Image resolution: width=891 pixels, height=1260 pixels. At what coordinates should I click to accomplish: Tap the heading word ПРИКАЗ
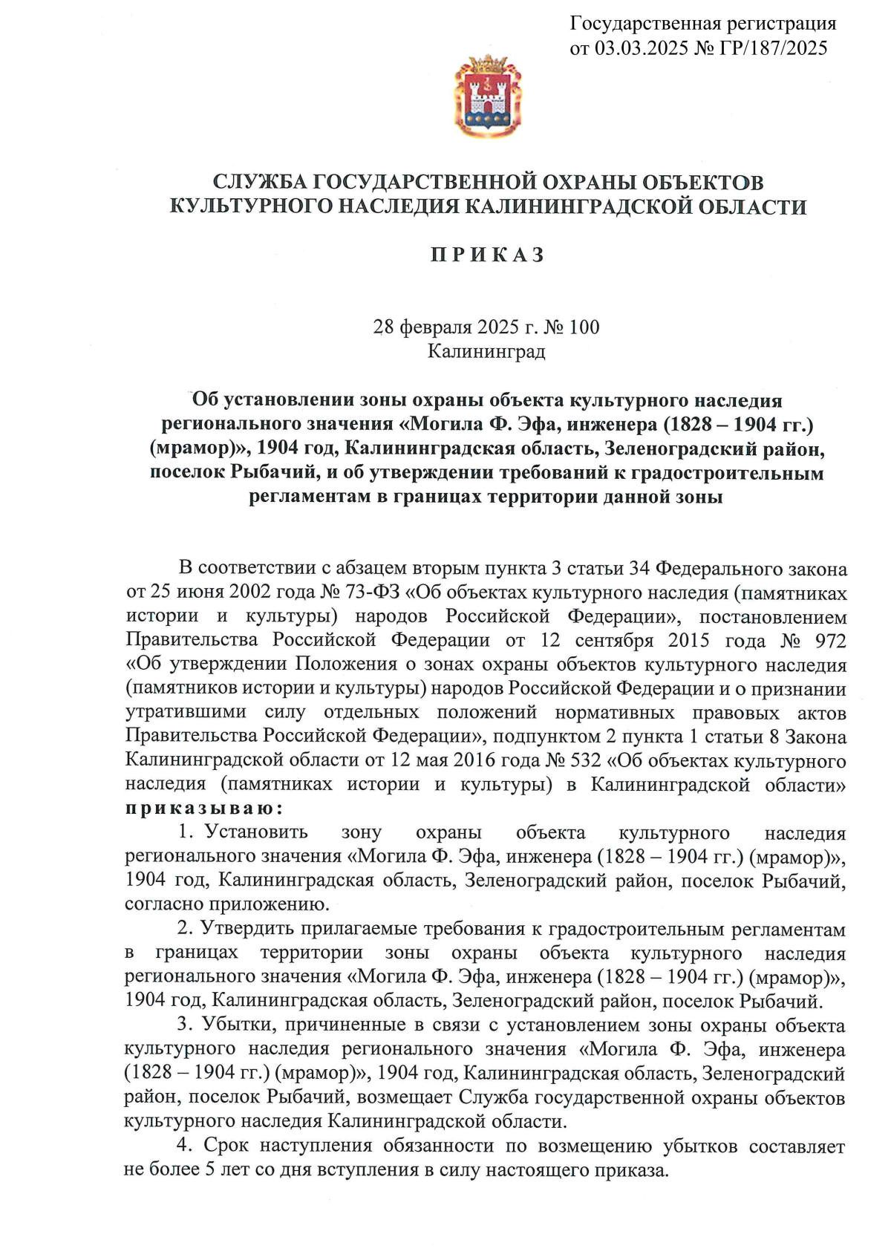click(x=488, y=255)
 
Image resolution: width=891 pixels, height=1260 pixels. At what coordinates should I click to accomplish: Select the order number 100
click(x=584, y=327)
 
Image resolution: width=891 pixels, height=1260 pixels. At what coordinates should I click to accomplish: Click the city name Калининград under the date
click(x=486, y=351)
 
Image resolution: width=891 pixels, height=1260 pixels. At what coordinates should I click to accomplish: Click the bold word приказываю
click(x=203, y=808)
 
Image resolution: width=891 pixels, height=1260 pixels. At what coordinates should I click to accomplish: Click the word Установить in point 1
click(x=256, y=832)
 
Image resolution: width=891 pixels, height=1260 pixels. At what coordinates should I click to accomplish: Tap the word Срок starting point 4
click(x=226, y=1146)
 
